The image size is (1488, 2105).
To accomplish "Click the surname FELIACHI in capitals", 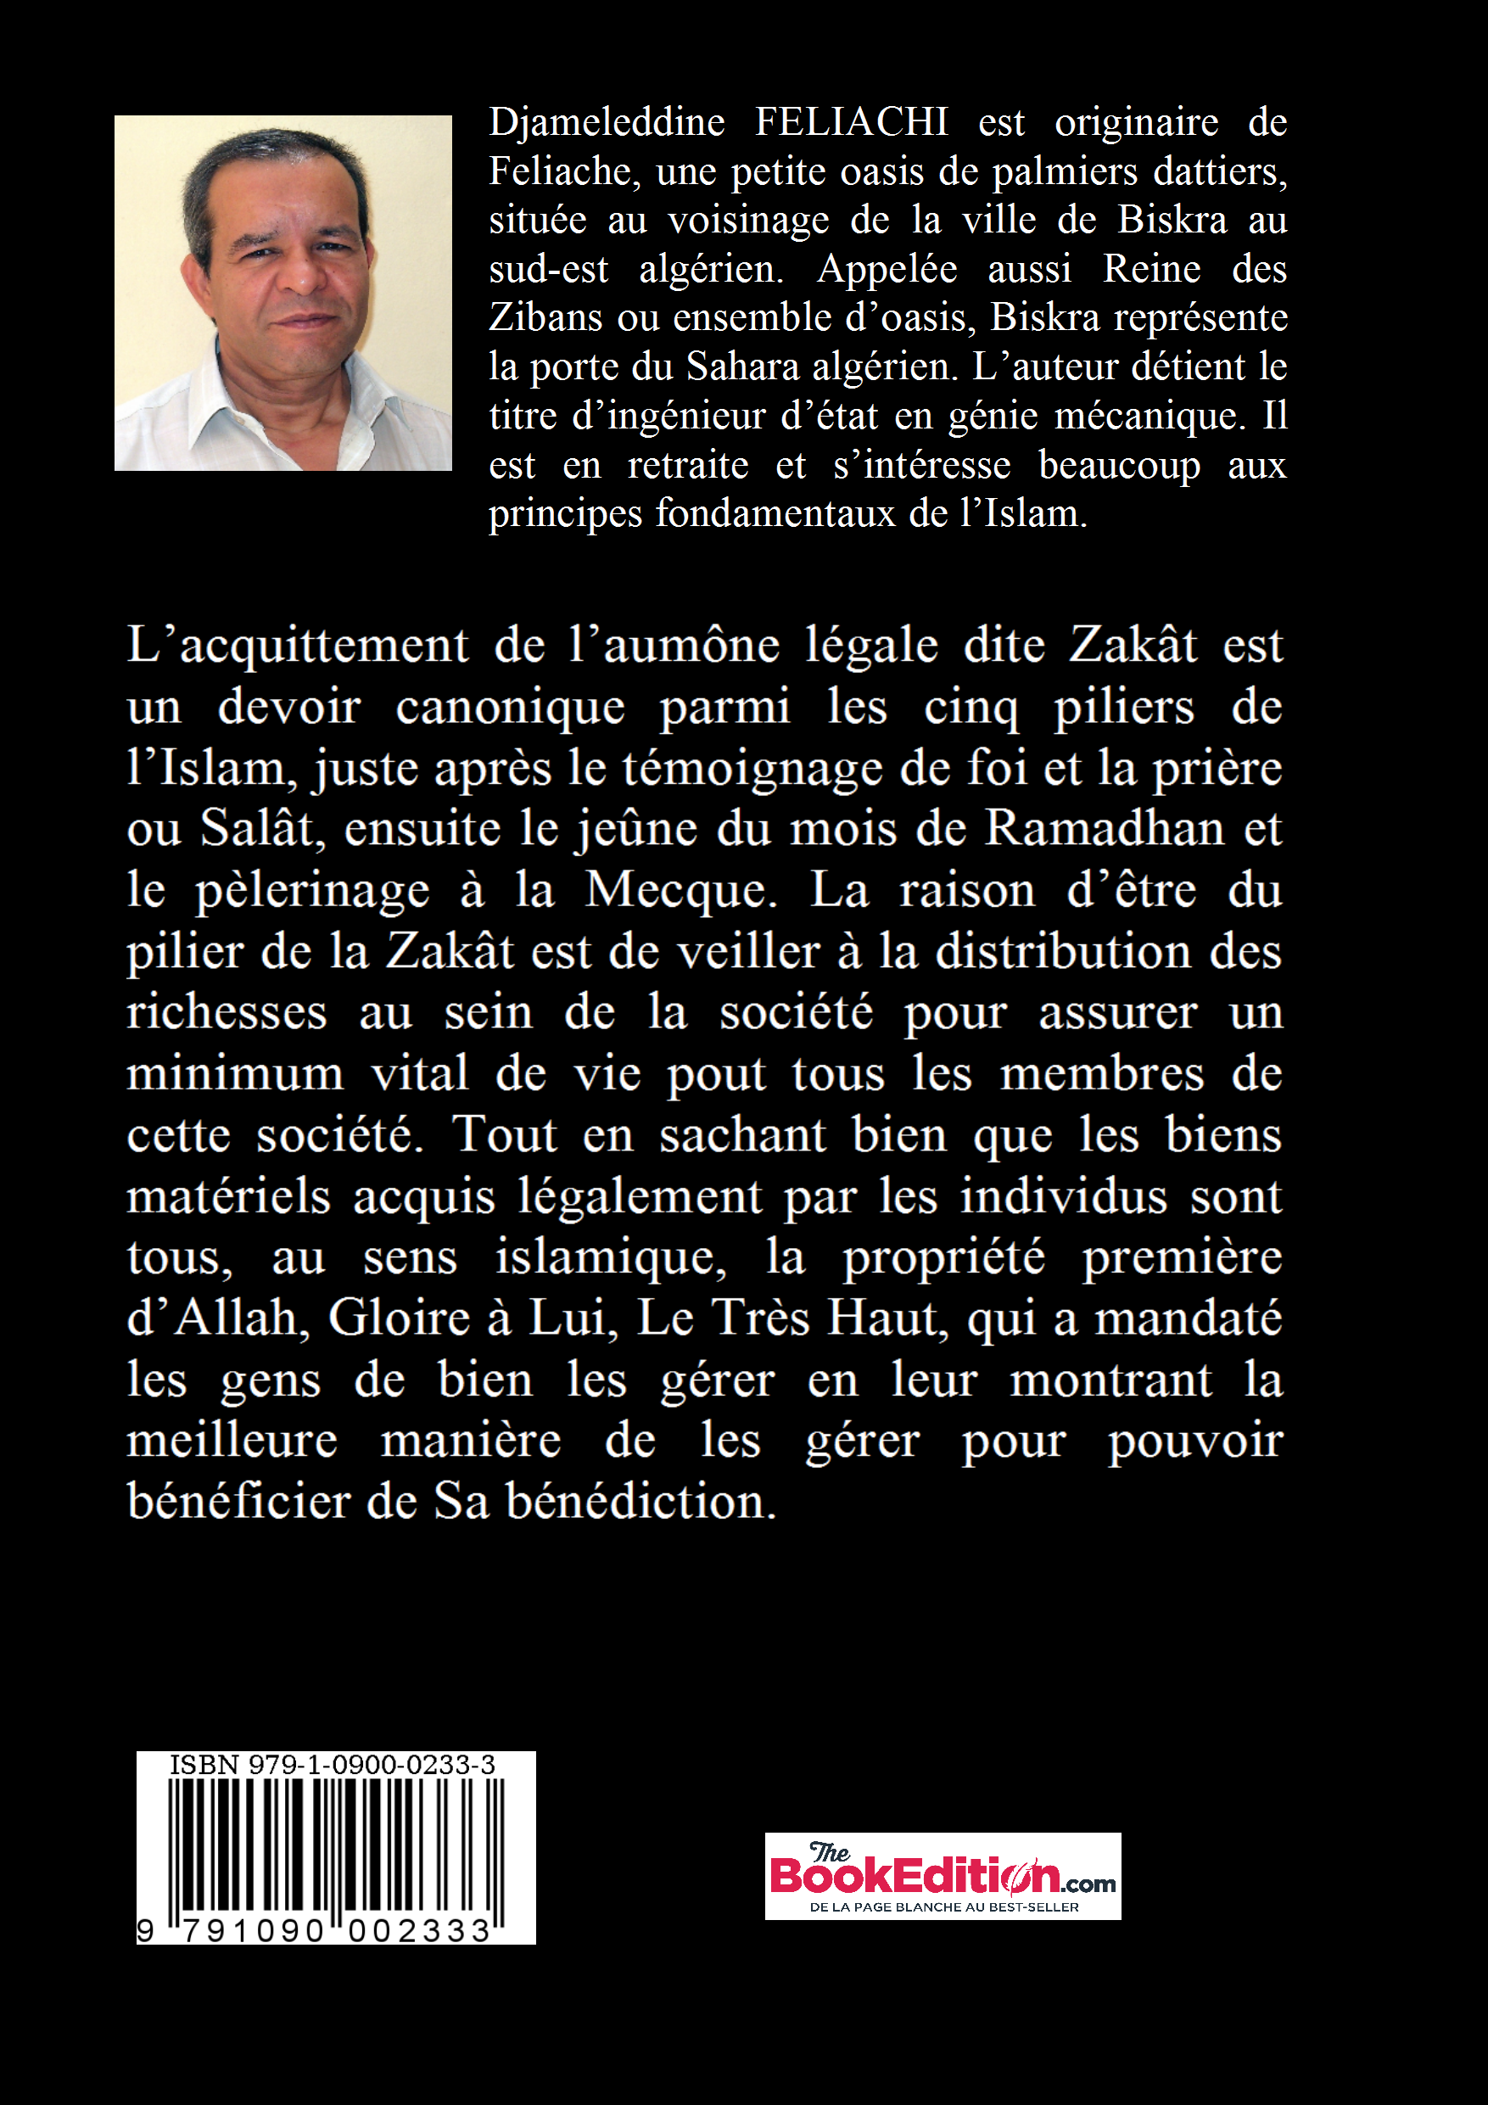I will [851, 122].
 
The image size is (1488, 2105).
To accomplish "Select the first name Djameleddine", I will [606, 122].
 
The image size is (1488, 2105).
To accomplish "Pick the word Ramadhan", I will [1104, 829].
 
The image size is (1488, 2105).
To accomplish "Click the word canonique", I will [510, 707].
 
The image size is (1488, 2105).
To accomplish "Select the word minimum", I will [235, 1073].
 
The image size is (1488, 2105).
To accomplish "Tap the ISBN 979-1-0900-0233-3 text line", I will [332, 1765].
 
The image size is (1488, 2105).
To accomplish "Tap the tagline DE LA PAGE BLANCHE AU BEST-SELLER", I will [943, 1908].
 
